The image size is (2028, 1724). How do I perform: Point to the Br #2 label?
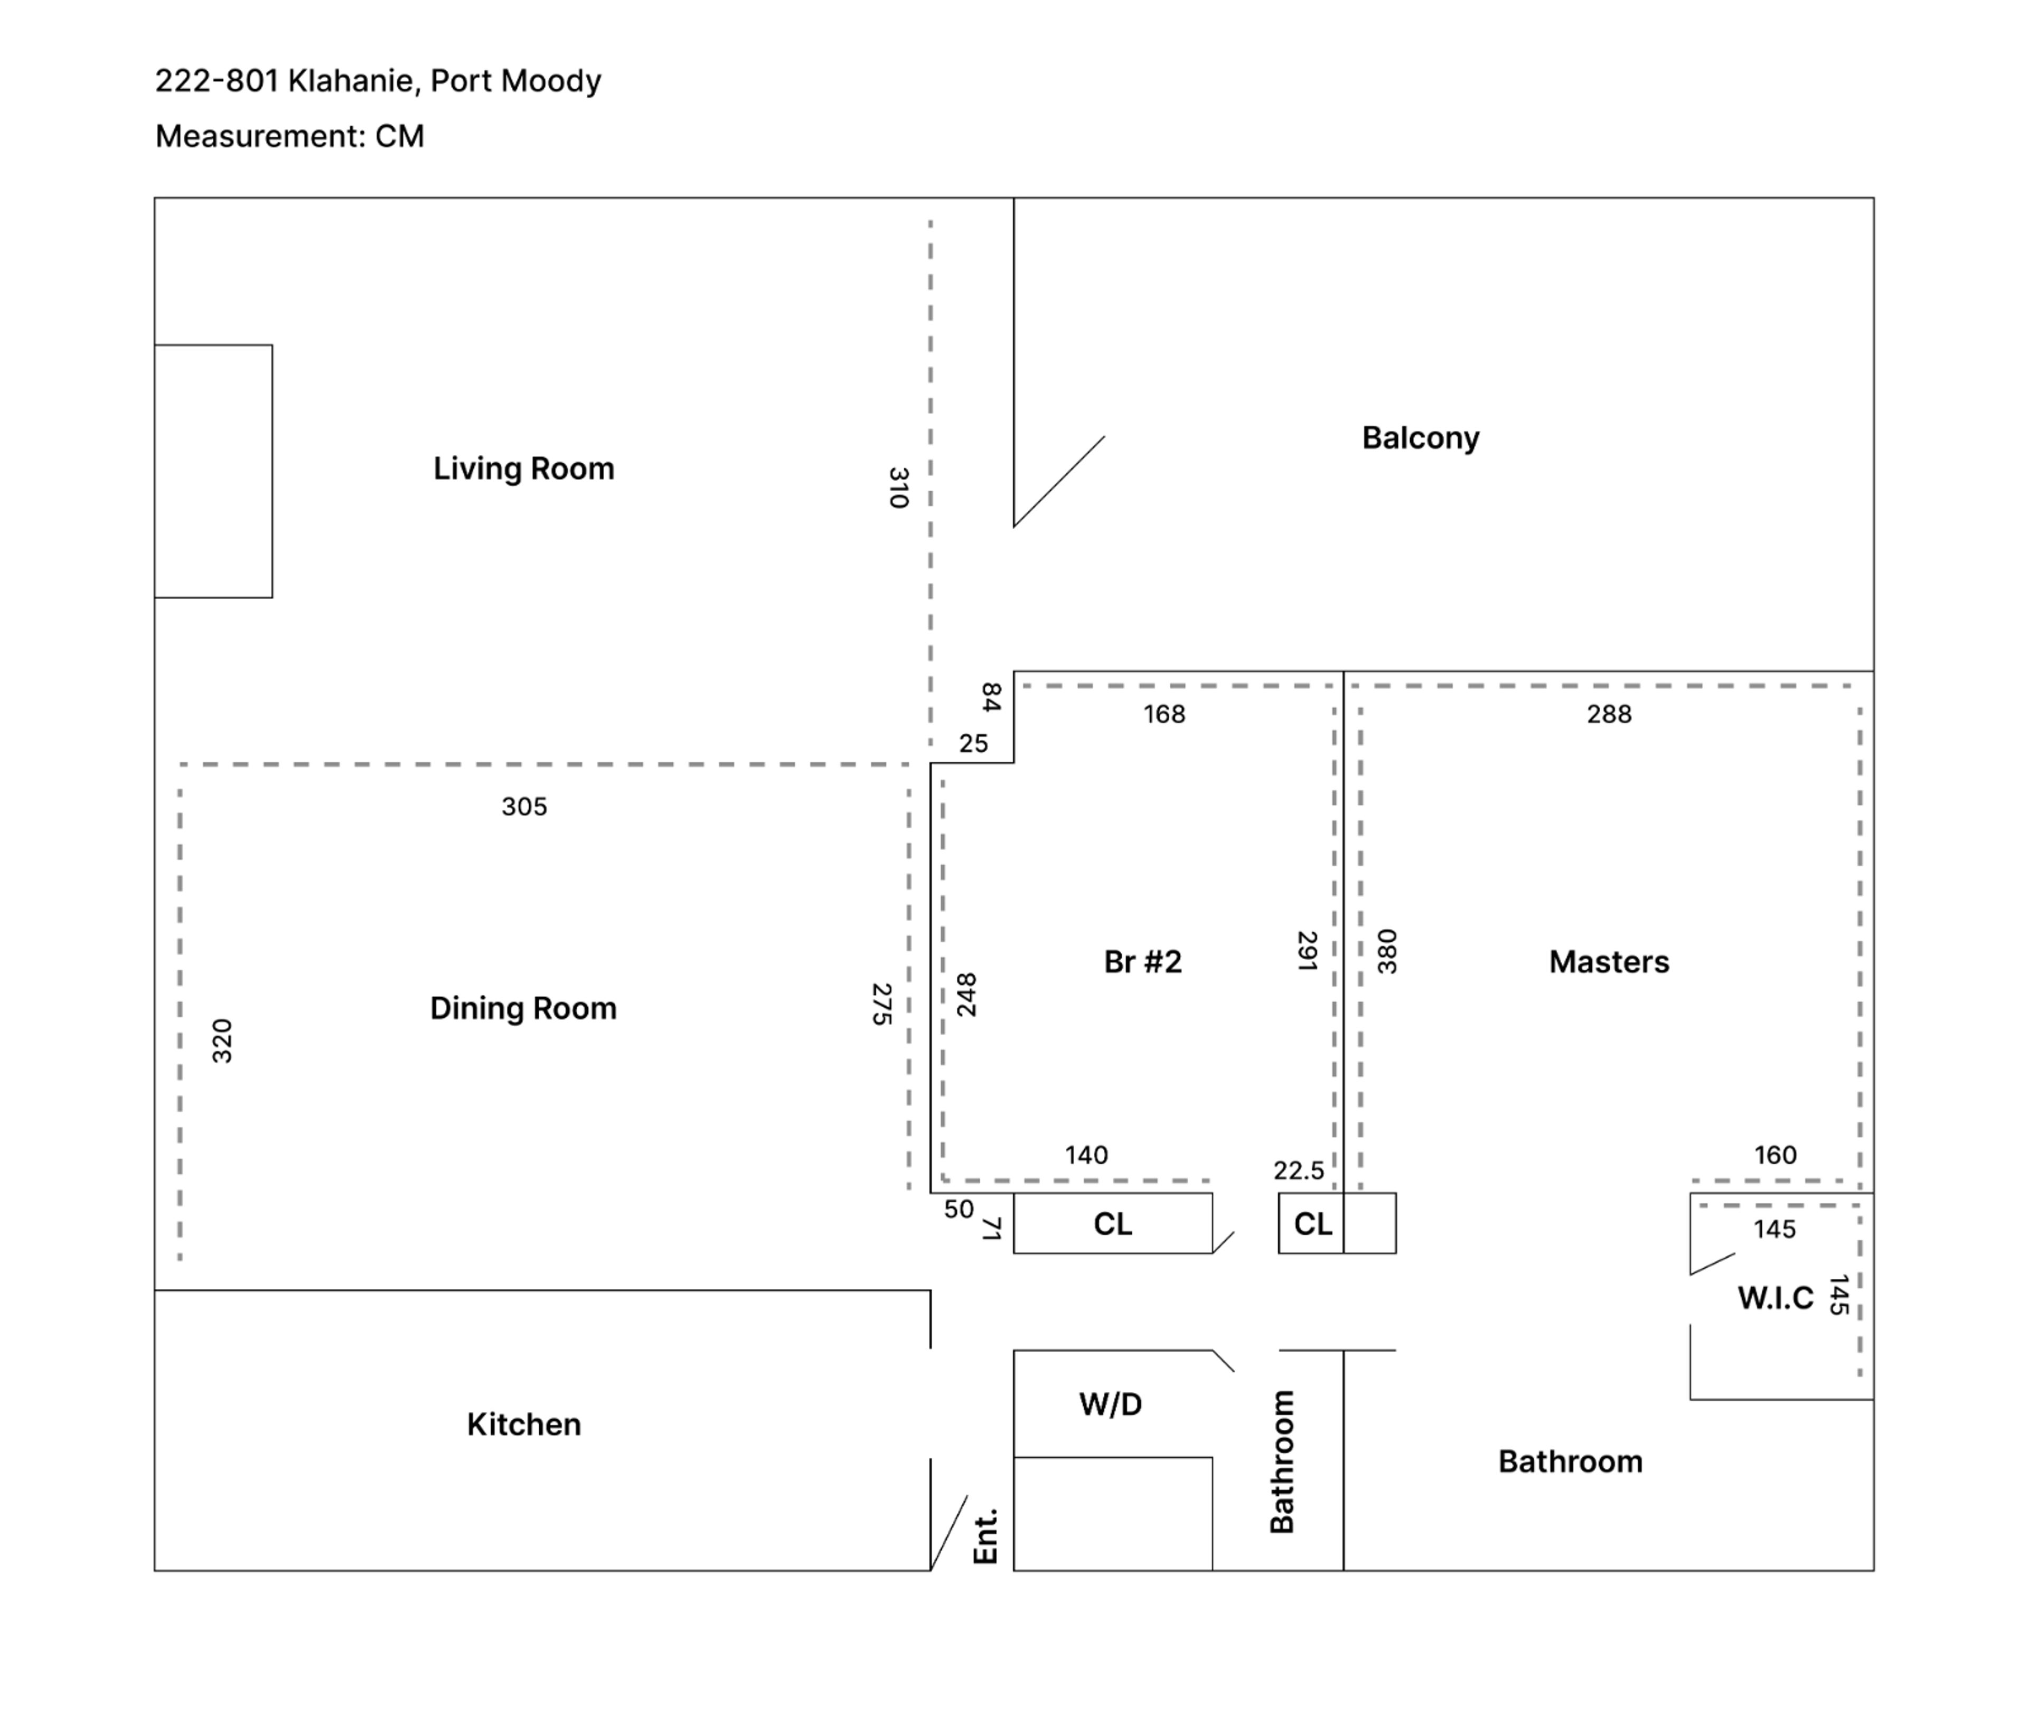1142,962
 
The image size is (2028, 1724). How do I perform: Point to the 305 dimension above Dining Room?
524,807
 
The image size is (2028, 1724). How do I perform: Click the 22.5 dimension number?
1298,1171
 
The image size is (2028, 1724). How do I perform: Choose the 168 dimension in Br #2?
1164,715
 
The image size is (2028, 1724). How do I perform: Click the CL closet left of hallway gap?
1112,1224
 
